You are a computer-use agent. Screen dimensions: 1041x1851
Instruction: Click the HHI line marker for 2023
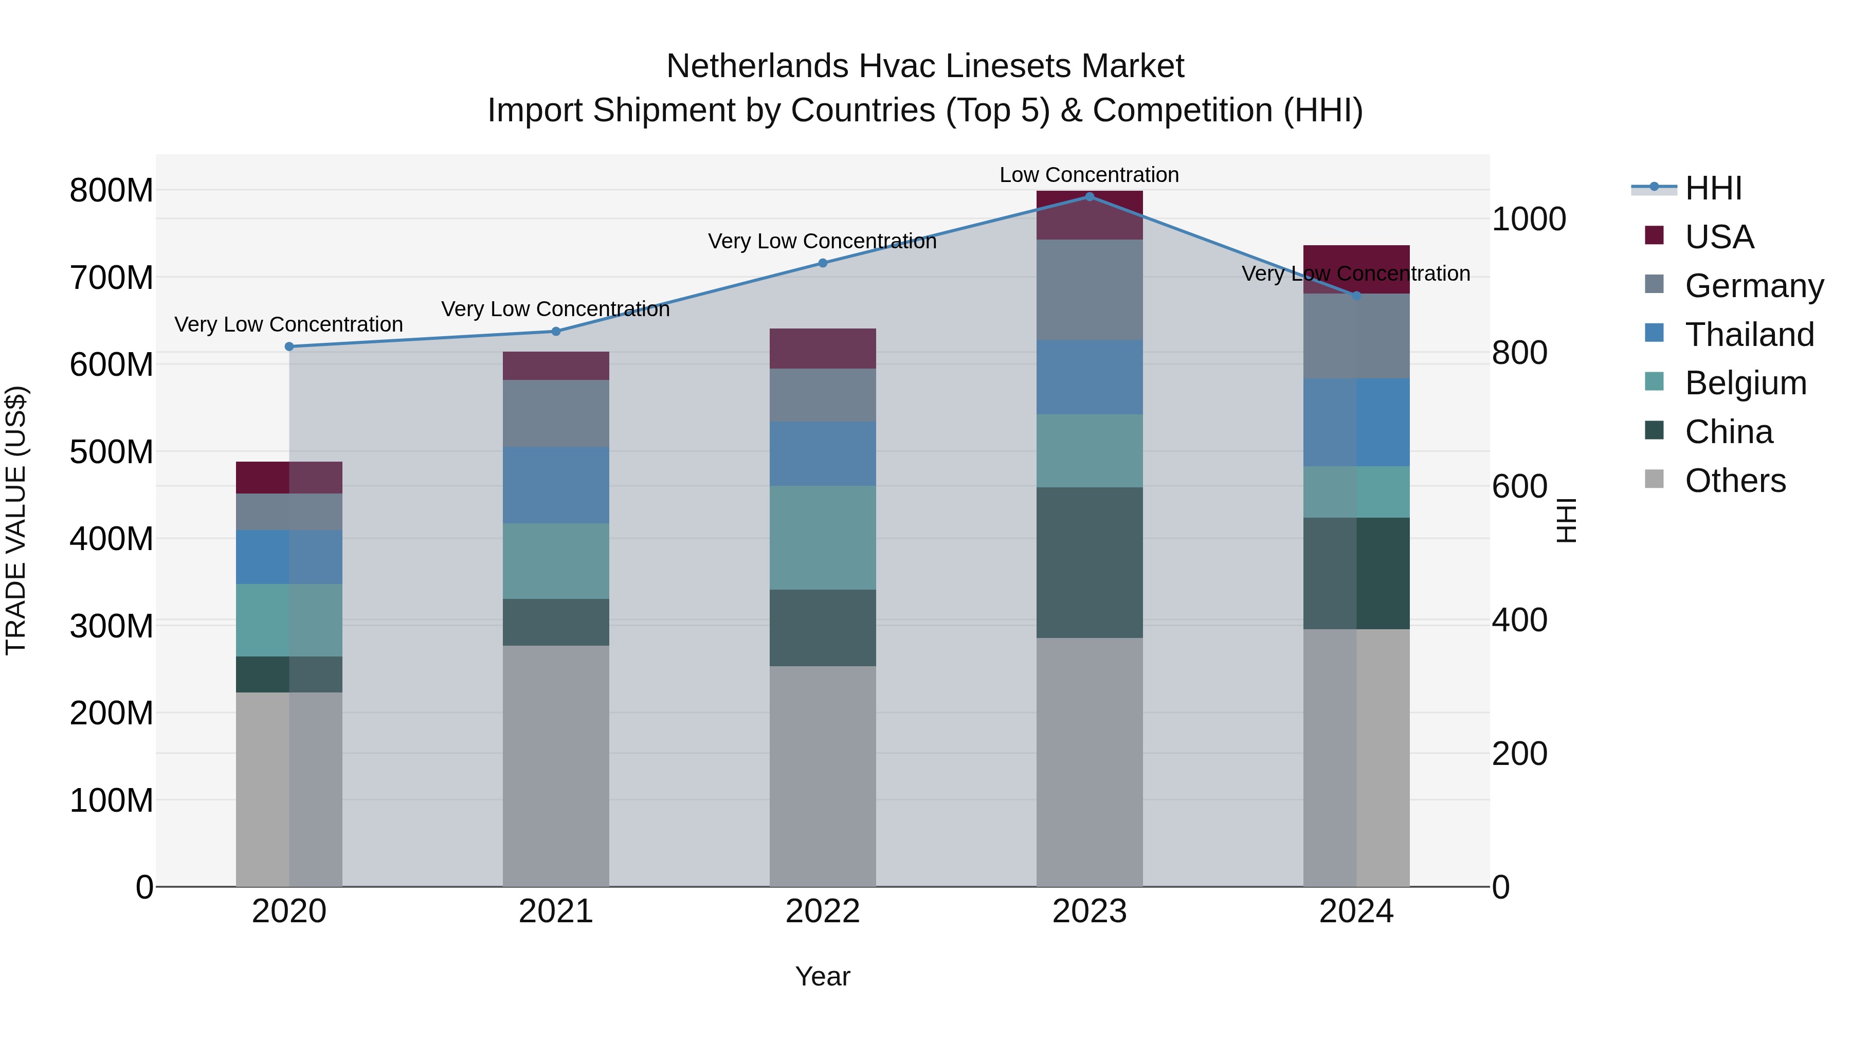tap(1090, 197)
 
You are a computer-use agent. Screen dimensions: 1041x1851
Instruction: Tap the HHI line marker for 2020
tap(289, 346)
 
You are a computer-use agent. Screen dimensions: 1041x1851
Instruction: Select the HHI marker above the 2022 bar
tap(823, 263)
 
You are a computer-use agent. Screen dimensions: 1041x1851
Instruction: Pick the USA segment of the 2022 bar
tap(823, 349)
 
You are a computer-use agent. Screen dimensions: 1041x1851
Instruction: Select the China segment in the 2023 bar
tap(1090, 562)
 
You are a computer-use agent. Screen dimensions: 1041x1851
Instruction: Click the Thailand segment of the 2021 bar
tap(555, 485)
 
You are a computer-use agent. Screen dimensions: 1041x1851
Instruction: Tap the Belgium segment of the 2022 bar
tap(823, 537)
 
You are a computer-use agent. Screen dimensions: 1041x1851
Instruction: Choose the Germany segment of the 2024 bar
tap(1356, 336)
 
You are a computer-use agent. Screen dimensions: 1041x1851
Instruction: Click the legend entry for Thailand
tap(1749, 335)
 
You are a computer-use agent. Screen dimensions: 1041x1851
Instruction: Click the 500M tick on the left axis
tap(112, 452)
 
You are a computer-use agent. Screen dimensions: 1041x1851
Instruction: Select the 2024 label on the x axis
tap(1356, 911)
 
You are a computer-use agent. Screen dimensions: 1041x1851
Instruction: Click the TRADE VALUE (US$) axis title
tap(16, 520)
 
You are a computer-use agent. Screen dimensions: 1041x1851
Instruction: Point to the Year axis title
tap(822, 976)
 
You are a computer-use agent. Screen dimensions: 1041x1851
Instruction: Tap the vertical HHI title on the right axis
tap(1567, 520)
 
